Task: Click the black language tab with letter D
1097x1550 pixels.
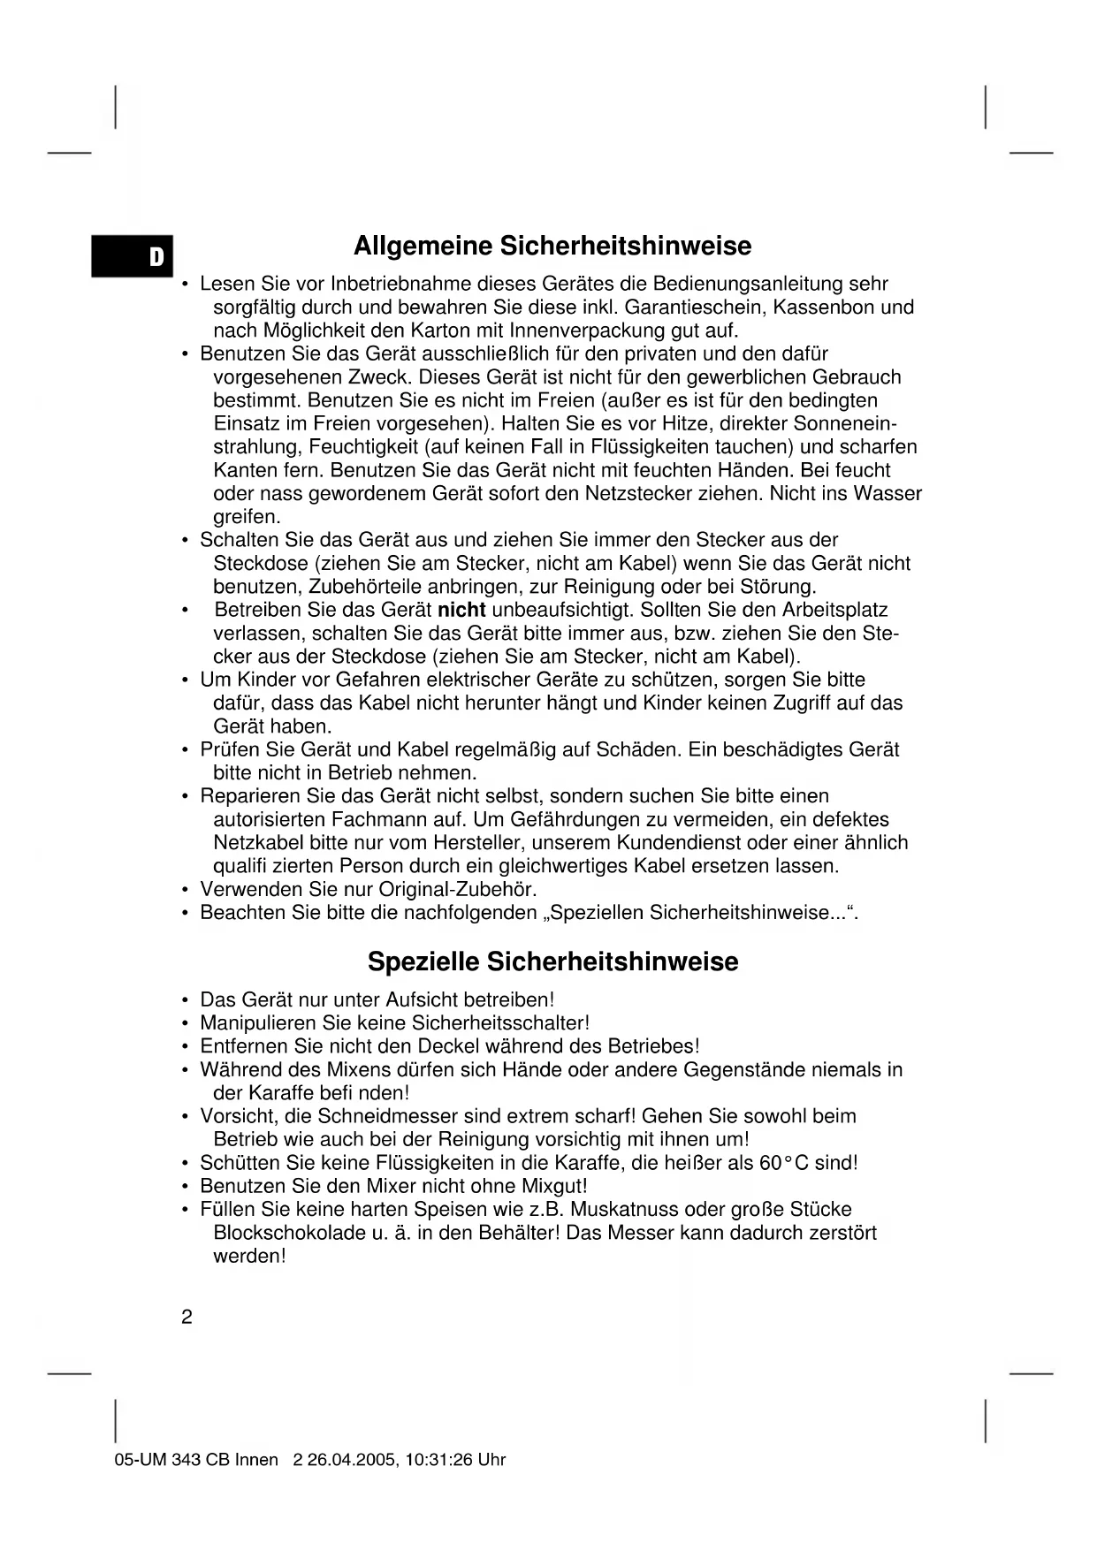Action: click(133, 256)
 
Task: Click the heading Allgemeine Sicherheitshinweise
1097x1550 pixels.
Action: click(552, 246)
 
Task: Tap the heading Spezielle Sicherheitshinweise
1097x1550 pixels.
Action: click(552, 961)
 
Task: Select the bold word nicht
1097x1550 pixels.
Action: click(462, 610)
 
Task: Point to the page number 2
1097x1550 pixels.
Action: click(187, 1318)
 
